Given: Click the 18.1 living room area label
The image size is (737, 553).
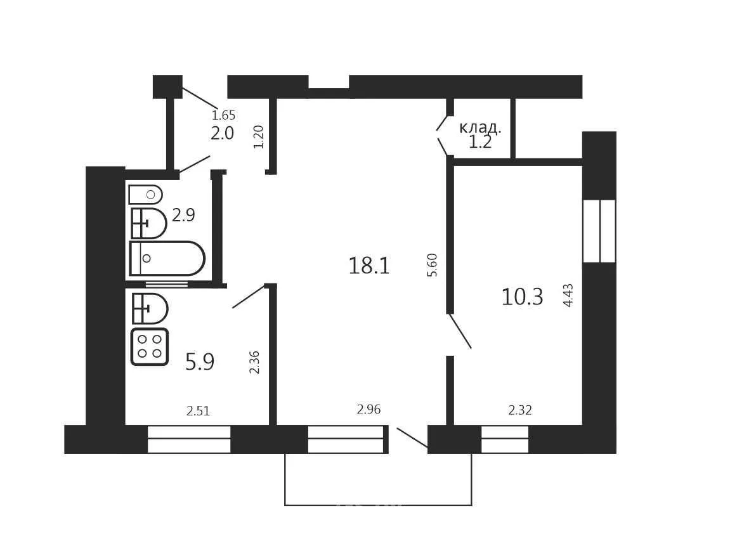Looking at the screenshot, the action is tap(369, 266).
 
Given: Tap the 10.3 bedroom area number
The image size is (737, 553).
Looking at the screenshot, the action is tap(522, 297).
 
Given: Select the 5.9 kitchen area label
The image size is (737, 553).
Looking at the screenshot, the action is tap(200, 361).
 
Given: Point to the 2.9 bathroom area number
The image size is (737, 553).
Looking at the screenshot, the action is tap(183, 215).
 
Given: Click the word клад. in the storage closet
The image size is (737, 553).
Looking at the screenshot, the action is tap(480, 127).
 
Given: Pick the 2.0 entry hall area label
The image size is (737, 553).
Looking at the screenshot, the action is tap(223, 133).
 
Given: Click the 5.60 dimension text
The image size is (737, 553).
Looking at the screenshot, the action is tap(433, 265).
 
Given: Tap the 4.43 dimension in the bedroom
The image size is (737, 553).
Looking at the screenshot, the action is tap(568, 296).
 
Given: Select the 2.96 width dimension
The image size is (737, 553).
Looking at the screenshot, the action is tap(368, 410).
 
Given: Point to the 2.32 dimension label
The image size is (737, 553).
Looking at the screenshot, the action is tap(520, 411).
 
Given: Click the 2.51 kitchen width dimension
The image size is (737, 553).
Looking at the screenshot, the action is tap(198, 412).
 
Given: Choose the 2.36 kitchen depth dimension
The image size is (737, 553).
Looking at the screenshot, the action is tap(254, 362).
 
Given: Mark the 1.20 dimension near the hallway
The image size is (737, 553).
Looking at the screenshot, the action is tap(259, 137).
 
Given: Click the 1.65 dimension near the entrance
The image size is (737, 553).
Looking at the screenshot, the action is tap(223, 115).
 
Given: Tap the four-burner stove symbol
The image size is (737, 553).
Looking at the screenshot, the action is tap(150, 348).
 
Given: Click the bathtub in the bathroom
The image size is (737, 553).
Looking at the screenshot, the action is tap(167, 258).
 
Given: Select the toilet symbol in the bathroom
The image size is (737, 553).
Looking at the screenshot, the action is tap(145, 194).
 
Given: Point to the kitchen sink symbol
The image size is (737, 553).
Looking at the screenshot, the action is tap(150, 308).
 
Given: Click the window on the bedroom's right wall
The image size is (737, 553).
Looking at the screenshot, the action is tap(599, 231).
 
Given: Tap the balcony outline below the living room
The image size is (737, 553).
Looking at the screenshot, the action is tap(378, 505).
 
